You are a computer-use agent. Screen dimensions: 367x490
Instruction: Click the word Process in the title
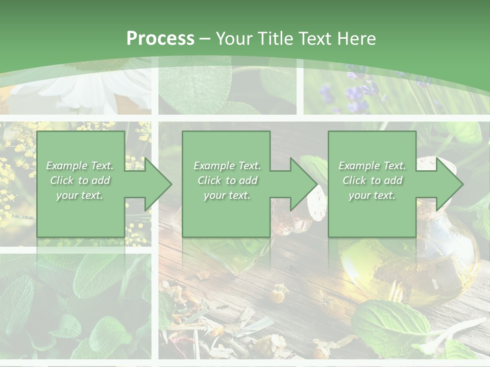coord(160,39)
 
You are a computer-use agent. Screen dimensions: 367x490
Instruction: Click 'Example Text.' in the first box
coord(80,166)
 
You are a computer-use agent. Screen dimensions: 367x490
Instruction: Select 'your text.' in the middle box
coord(227,195)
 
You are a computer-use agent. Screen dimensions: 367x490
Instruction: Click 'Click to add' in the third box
coord(372,180)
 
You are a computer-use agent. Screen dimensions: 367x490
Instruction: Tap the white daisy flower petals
coord(87,92)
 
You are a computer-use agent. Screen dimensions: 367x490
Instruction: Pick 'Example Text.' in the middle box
coord(227,166)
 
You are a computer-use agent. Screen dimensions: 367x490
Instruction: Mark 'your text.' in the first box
coord(80,195)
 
